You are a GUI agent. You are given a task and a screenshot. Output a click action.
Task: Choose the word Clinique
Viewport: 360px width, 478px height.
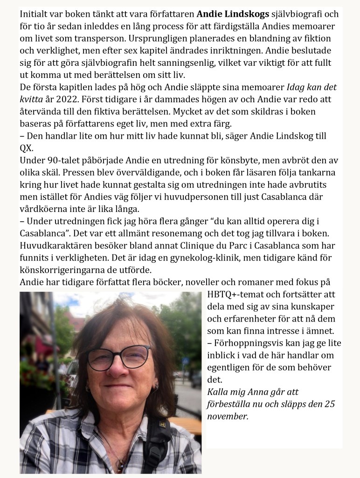pos(187,246)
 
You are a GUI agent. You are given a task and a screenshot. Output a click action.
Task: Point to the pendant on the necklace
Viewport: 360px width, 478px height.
pos(120,465)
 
